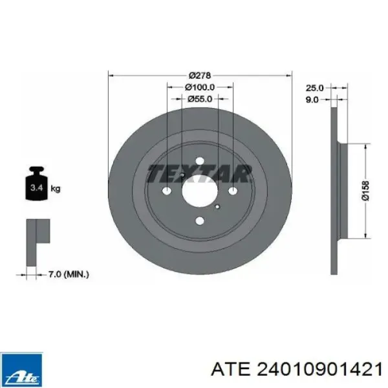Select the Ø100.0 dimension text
click(x=200, y=87)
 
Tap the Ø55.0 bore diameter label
click(x=200, y=99)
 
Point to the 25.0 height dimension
click(x=314, y=87)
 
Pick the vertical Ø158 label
click(x=365, y=191)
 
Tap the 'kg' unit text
click(x=56, y=189)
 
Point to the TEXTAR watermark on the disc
click(x=199, y=173)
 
